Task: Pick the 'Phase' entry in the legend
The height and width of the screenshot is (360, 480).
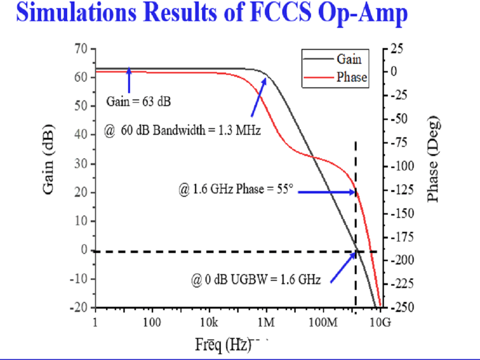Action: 351,77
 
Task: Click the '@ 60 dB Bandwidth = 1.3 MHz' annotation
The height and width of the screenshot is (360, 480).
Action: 182,130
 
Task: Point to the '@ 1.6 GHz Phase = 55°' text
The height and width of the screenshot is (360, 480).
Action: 235,190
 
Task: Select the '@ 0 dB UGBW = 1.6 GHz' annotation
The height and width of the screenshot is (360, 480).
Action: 256,279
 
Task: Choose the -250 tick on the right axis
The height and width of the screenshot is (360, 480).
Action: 403,307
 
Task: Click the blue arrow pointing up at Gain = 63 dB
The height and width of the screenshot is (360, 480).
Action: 129,80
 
